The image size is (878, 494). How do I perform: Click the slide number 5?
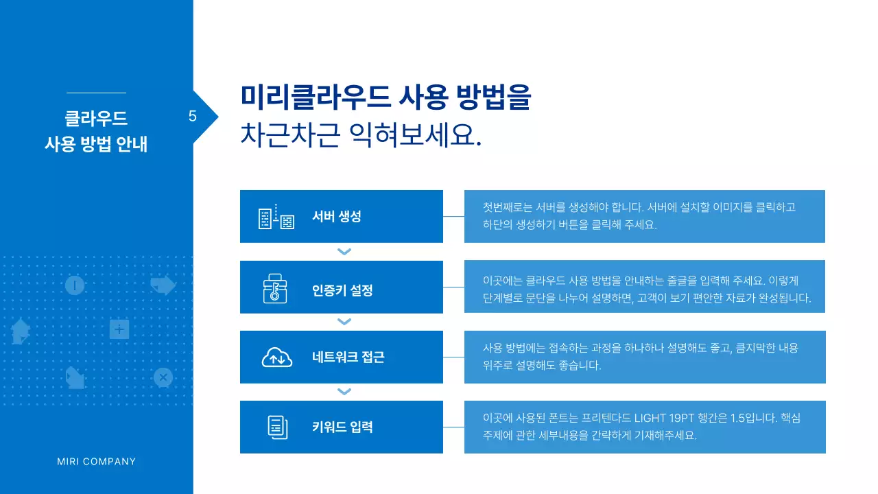tap(193, 117)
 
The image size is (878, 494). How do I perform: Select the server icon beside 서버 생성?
tap(276, 217)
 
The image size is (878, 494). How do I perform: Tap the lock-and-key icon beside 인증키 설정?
tap(276, 287)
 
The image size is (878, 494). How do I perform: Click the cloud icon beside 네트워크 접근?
tap(276, 357)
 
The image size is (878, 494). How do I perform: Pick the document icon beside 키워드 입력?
tap(276, 427)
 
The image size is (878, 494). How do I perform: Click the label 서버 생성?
tap(336, 217)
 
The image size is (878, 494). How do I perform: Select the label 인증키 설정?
tap(342, 290)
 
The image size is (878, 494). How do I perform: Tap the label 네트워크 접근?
tap(348, 357)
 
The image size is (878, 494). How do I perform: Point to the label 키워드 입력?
tap(342, 427)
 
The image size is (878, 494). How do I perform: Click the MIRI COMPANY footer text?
tap(97, 462)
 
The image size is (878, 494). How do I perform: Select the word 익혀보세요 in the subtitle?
tap(415, 134)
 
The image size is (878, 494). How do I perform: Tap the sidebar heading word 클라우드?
tap(96, 119)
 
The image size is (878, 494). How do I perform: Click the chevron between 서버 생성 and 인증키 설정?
tap(344, 252)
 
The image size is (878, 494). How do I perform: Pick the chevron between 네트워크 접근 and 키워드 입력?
tap(344, 392)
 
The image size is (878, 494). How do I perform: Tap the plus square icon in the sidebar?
tap(119, 330)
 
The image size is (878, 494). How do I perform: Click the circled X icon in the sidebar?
tap(163, 377)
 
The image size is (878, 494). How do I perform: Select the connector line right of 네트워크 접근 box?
tap(453, 357)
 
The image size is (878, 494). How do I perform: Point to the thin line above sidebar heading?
tap(96, 93)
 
